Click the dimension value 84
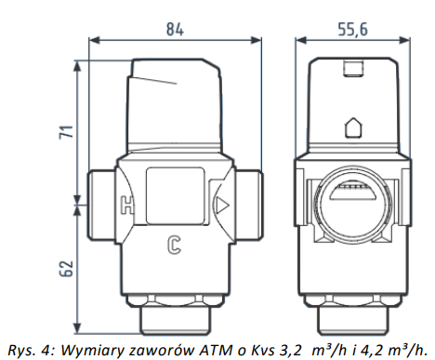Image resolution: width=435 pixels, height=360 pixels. [x=175, y=29]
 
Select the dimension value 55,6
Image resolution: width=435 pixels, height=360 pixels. [x=352, y=30]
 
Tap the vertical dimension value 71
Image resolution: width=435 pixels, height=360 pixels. [x=67, y=132]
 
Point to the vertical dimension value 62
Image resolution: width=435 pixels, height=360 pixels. [x=66, y=268]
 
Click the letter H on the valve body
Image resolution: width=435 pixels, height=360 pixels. [x=127, y=205]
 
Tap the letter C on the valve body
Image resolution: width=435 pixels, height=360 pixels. [x=174, y=245]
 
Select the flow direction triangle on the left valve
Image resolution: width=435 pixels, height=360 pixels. [x=222, y=206]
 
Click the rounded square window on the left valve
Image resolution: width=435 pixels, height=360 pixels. [x=175, y=196]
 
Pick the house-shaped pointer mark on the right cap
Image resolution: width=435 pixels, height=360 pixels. [x=353, y=127]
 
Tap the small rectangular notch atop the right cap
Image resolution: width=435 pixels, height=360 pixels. [x=353, y=69]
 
